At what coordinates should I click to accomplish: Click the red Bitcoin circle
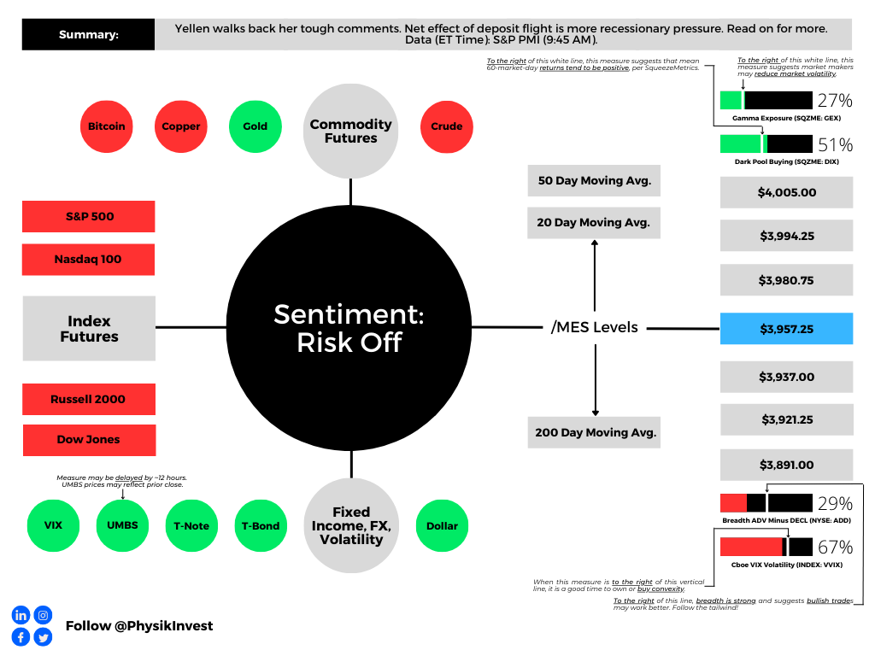[x=107, y=126]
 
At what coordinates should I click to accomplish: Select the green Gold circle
[x=255, y=126]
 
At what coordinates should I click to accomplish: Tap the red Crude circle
[x=446, y=126]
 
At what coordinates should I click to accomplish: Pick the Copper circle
[x=181, y=126]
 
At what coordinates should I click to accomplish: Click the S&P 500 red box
[x=89, y=216]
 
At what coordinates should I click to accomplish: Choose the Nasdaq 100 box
[x=88, y=260]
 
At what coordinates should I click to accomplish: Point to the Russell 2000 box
[x=89, y=399]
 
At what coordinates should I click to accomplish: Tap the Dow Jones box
[x=89, y=440]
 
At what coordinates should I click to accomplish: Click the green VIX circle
[x=53, y=525]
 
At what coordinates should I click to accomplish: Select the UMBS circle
[x=122, y=525]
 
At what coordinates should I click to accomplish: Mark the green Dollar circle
[x=442, y=525]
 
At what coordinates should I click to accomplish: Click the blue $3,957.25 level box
[x=786, y=329]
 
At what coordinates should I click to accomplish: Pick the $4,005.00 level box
[x=786, y=192]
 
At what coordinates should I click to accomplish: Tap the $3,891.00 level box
[x=786, y=465]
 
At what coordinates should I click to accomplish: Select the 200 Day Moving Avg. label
[x=595, y=432]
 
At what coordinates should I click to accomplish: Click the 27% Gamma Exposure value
[x=835, y=101]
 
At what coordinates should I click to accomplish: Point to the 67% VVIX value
[x=835, y=548]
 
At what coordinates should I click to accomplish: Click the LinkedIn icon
[x=21, y=615]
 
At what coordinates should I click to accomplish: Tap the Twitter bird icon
[x=43, y=637]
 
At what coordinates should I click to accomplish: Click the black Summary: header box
[x=88, y=34]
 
